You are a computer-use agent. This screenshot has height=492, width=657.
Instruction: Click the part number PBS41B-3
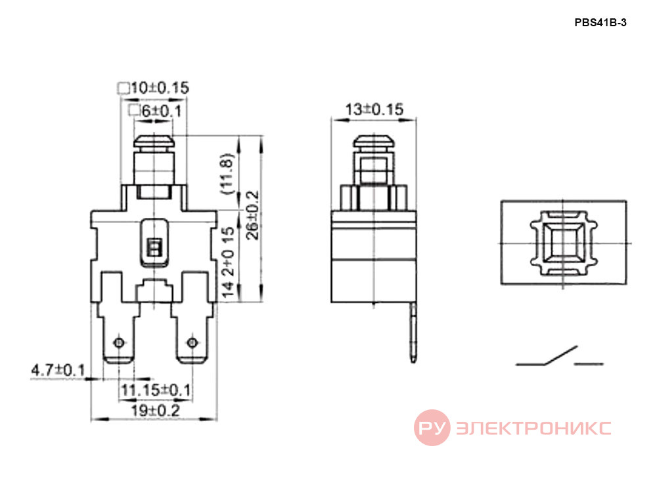(x=600, y=22)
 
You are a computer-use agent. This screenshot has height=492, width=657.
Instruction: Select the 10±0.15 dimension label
(x=160, y=88)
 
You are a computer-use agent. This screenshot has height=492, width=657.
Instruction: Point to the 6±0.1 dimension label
(x=162, y=112)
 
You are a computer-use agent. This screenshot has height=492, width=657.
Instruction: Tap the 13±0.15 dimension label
(x=374, y=110)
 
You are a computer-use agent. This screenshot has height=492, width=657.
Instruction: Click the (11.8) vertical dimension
(x=226, y=174)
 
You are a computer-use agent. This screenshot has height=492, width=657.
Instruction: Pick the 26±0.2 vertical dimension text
(x=253, y=215)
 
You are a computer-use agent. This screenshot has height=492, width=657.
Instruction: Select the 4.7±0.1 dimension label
(x=58, y=370)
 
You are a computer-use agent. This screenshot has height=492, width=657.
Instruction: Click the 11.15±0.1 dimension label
(x=156, y=390)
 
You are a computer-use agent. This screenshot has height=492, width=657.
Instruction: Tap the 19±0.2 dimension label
(x=156, y=411)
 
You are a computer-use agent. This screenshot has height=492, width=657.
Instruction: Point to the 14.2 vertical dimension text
(x=229, y=262)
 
